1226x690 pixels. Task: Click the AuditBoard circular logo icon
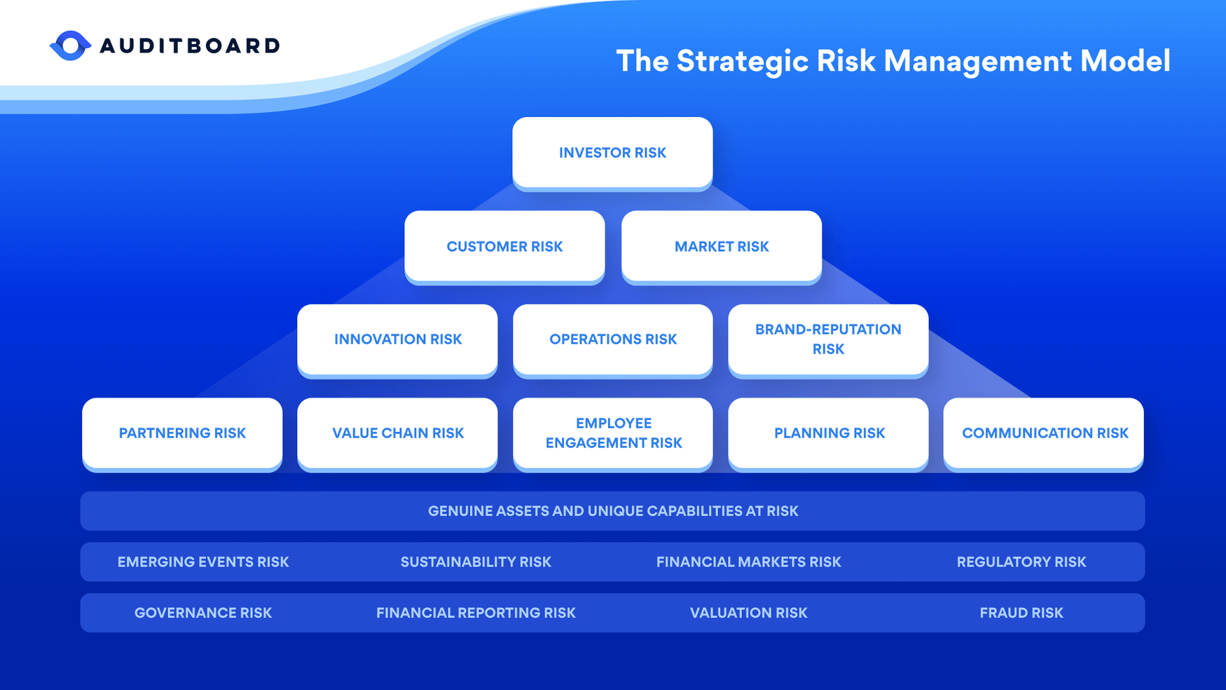click(70, 46)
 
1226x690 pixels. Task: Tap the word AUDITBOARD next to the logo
click(190, 46)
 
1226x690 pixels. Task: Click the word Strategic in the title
click(742, 61)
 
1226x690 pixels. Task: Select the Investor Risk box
click(612, 152)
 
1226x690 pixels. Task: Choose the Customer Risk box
click(504, 246)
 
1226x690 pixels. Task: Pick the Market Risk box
click(721, 246)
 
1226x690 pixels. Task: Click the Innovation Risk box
click(397, 339)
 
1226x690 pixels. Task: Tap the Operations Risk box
click(612, 339)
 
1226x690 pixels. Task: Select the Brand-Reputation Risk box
click(828, 339)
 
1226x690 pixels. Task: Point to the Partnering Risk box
click(182, 433)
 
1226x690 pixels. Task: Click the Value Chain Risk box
click(397, 433)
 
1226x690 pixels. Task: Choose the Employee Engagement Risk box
click(613, 433)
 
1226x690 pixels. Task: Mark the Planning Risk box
click(829, 433)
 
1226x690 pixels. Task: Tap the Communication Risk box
click(1044, 433)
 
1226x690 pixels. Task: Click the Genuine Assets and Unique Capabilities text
click(612, 511)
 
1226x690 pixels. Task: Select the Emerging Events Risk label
click(203, 562)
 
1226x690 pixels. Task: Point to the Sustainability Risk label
click(476, 562)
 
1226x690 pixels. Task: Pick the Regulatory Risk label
click(1021, 562)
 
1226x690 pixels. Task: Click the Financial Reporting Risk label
click(476, 613)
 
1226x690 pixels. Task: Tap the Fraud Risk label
click(1021, 613)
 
